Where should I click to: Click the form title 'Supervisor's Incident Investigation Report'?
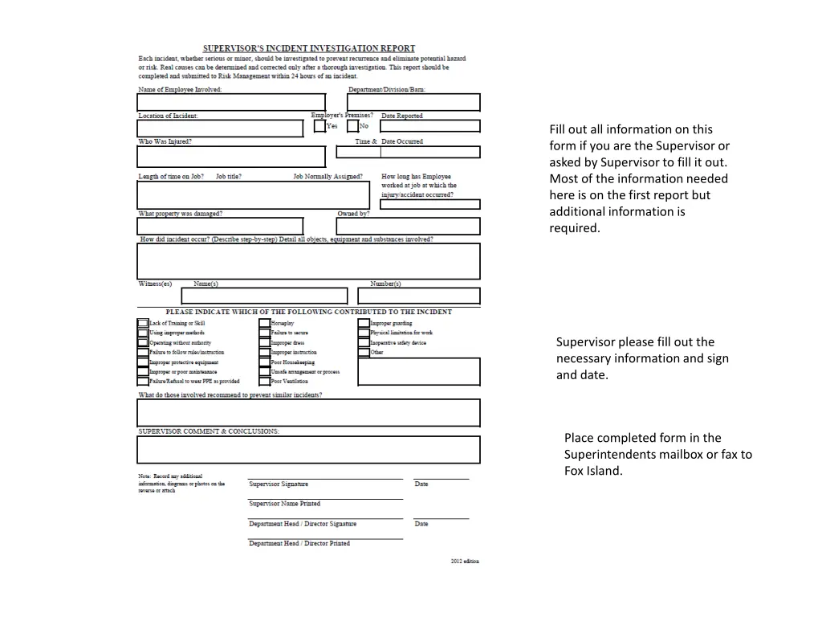tap(309, 49)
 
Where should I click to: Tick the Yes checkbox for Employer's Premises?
tap(319, 126)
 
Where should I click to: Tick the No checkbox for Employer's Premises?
tap(352, 126)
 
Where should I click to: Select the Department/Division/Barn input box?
tap(414, 103)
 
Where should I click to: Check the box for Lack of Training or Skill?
tap(143, 324)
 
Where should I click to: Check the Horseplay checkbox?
tap(264, 324)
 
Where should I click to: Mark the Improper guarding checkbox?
tap(364, 324)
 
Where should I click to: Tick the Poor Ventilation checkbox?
tap(264, 382)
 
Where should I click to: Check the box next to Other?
tap(364, 353)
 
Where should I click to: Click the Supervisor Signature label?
tap(279, 484)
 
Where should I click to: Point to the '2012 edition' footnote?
tap(465, 562)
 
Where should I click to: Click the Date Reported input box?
tap(430, 126)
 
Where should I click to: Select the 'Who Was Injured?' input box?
tap(231, 156)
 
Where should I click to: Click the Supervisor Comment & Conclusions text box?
tap(309, 450)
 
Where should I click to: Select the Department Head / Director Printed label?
tap(299, 544)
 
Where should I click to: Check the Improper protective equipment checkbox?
tap(143, 362)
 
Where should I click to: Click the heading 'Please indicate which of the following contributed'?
tap(309, 312)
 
